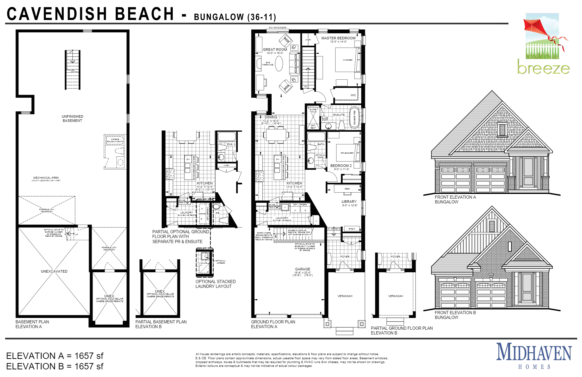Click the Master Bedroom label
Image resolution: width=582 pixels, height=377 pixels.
click(338, 38)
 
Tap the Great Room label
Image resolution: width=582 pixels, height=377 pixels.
click(275, 50)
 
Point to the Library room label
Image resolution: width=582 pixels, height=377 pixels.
click(349, 202)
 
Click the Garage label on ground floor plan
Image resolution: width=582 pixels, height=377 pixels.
click(302, 269)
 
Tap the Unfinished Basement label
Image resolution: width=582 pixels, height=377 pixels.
click(72, 118)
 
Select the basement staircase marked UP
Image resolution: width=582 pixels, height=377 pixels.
click(73, 70)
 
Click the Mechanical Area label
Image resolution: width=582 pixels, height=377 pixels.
click(46, 178)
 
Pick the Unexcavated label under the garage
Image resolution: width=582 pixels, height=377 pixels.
click(54, 271)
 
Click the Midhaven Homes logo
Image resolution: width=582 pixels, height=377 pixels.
click(534, 355)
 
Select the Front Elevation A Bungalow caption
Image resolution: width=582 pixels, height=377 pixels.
click(455, 199)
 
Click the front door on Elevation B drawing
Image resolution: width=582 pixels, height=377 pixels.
click(527, 287)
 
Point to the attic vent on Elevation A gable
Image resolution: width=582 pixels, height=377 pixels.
click(502, 129)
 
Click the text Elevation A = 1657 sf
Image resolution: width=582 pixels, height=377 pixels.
click(55, 356)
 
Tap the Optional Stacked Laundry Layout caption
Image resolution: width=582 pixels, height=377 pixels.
click(215, 284)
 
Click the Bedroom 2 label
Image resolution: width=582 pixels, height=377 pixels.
click(341, 166)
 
